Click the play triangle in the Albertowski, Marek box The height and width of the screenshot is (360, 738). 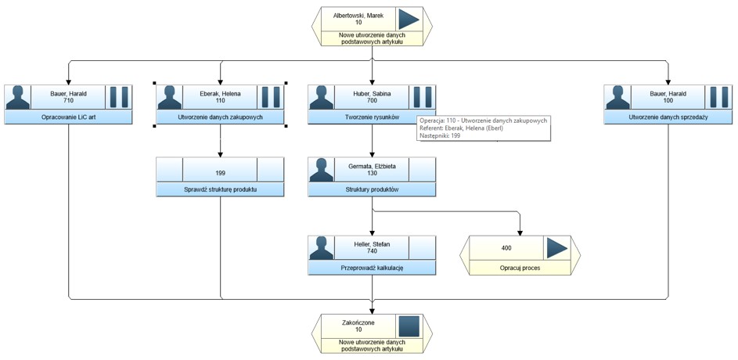tap(409, 19)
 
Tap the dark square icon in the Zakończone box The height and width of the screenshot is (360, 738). tap(409, 326)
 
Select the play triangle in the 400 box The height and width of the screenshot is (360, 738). tap(556, 248)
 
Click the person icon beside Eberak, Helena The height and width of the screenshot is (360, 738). tap(170, 97)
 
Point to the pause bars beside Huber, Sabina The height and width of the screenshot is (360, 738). tap(422, 97)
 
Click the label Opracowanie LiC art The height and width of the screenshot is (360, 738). tap(68, 117)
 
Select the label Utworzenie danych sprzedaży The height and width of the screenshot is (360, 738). tap(668, 117)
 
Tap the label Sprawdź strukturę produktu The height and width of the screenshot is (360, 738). tap(220, 189)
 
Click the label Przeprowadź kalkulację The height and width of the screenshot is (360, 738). tap(373, 268)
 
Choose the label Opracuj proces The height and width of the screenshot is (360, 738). tap(520, 268)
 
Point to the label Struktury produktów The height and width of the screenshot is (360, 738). tap(373, 189)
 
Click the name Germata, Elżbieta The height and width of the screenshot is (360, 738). tap(373, 166)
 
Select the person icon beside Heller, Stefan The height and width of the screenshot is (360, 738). tap(322, 248)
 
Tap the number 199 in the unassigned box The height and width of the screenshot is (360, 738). tap(220, 173)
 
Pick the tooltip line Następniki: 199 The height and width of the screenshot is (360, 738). tap(440, 135)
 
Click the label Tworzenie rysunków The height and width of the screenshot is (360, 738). tap(373, 117)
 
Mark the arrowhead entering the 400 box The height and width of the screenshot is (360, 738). tap(520, 232)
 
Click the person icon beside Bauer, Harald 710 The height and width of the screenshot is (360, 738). tap(17, 97)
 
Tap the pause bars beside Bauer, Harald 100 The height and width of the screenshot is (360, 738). tap(718, 97)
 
